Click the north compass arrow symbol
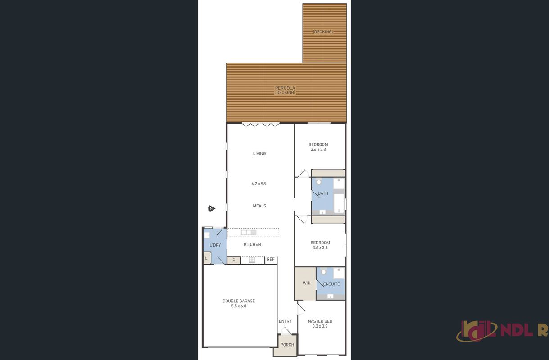212,209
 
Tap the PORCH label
287,345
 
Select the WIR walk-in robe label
306,283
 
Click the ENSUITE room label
331,284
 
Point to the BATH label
323,193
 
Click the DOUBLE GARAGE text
239,301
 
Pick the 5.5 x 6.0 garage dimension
239,306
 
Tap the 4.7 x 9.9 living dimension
259,184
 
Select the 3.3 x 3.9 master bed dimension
320,326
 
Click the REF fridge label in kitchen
271,259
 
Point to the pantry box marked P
234,260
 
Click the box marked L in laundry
207,258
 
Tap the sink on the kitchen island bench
249,232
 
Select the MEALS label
259,206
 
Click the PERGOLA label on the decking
285,88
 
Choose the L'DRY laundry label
215,245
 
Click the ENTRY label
285,321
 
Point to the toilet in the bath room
319,182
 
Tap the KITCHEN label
252,244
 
